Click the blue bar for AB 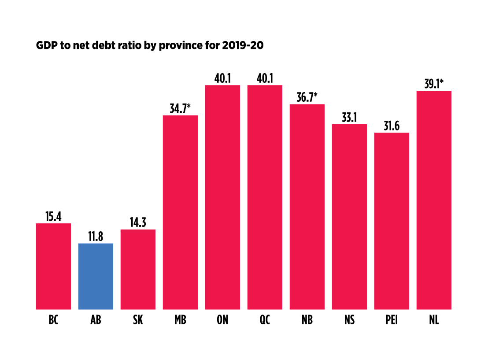(96, 276)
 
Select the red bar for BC (53, 266)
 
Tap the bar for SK (138, 269)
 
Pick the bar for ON (222, 197)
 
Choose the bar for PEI (392, 221)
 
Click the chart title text (150, 46)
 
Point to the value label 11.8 (96, 237)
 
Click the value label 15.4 (53, 216)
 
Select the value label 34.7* (180, 108)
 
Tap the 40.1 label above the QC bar (265, 78)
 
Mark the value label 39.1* (434, 84)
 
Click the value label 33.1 (349, 118)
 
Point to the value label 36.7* (307, 97)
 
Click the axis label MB (180, 320)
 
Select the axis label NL (434, 320)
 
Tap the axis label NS (349, 320)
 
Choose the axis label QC (265, 320)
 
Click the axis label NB (307, 320)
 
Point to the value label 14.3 (138, 223)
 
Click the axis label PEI (392, 320)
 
